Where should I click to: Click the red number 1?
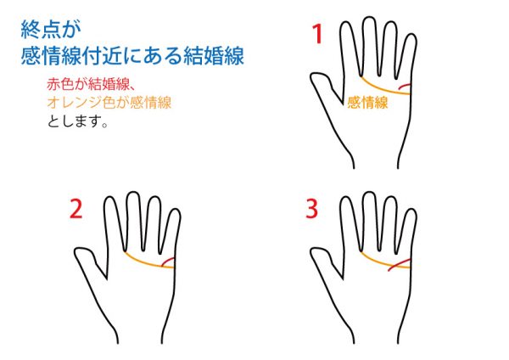click(x=317, y=34)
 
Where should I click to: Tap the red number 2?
click(x=76, y=209)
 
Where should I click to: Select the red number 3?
click(x=311, y=209)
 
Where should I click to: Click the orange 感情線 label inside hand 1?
click(x=367, y=103)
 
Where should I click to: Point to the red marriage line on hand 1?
click(x=404, y=86)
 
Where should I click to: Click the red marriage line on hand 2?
click(x=167, y=262)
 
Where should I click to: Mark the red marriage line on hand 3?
click(x=399, y=264)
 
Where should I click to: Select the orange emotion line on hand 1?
click(x=383, y=89)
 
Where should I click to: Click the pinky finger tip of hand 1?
click(x=411, y=36)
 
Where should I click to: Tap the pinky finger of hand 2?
click(x=174, y=231)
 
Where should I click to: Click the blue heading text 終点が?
click(x=51, y=29)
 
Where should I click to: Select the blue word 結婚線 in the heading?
click(x=214, y=56)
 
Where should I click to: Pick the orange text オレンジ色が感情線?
click(x=109, y=103)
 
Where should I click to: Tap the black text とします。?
click(x=77, y=121)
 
